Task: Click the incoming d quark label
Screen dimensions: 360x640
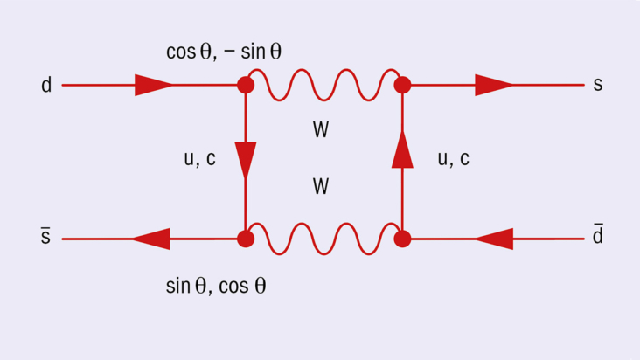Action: click(46, 86)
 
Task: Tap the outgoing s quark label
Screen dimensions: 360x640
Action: click(598, 86)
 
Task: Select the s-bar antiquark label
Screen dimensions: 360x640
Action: click(46, 238)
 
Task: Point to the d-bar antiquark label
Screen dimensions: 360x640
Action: click(598, 236)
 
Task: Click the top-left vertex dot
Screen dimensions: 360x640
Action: click(246, 86)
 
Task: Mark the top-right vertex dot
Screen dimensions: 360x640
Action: click(402, 86)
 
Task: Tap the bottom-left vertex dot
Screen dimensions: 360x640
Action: click(246, 239)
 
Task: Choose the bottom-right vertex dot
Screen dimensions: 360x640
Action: click(402, 239)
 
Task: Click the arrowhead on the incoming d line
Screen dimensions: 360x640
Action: click(153, 86)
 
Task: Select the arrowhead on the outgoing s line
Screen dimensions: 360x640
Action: click(494, 86)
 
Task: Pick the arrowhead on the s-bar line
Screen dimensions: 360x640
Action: click(150, 239)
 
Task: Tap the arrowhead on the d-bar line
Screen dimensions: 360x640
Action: click(496, 239)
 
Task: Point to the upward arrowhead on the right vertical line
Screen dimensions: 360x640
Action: click(402, 150)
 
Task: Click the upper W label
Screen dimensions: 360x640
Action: click(321, 131)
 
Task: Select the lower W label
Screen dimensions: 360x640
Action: click(321, 187)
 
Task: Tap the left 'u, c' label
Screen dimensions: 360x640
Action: click(199, 159)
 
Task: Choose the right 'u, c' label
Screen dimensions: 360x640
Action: click(453, 158)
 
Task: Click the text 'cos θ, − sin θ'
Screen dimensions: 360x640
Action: click(224, 52)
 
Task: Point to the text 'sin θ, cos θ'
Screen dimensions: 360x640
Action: click(216, 286)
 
